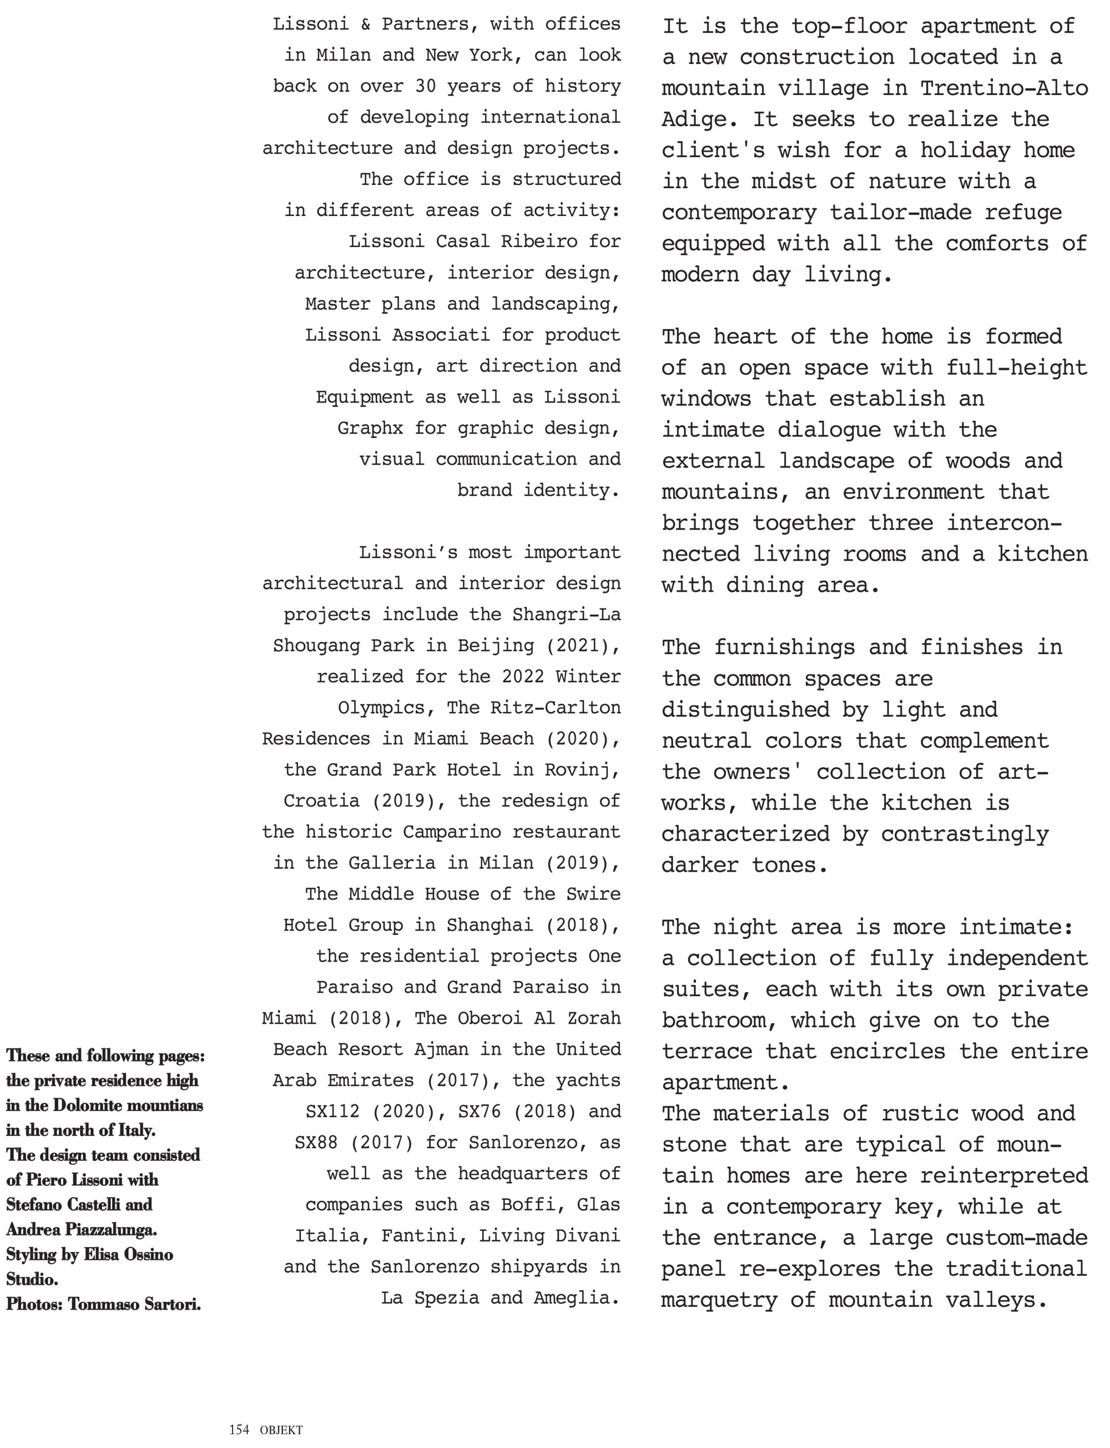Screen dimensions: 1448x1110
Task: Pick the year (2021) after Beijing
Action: point(583,645)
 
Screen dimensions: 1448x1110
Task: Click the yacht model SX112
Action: point(332,1111)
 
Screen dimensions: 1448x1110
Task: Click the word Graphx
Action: point(370,428)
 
